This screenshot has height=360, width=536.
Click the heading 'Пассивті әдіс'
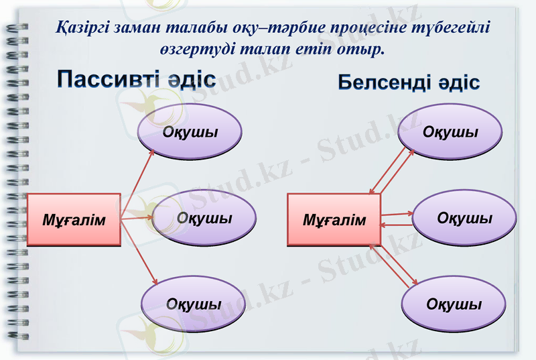[x=135, y=78]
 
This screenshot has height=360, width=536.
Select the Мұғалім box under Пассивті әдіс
[x=74, y=219]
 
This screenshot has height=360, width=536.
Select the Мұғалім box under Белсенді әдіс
[x=334, y=220]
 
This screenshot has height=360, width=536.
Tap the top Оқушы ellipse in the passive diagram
[x=190, y=131]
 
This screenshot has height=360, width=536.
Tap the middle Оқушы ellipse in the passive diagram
[x=204, y=219]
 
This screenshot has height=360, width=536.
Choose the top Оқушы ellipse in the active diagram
[x=450, y=131]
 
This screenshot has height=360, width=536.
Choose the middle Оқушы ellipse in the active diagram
[x=464, y=219]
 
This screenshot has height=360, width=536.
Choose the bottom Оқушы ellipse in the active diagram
[x=454, y=304]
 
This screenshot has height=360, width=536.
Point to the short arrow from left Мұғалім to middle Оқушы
[x=137, y=217]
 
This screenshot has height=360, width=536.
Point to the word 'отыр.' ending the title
[x=365, y=50]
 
